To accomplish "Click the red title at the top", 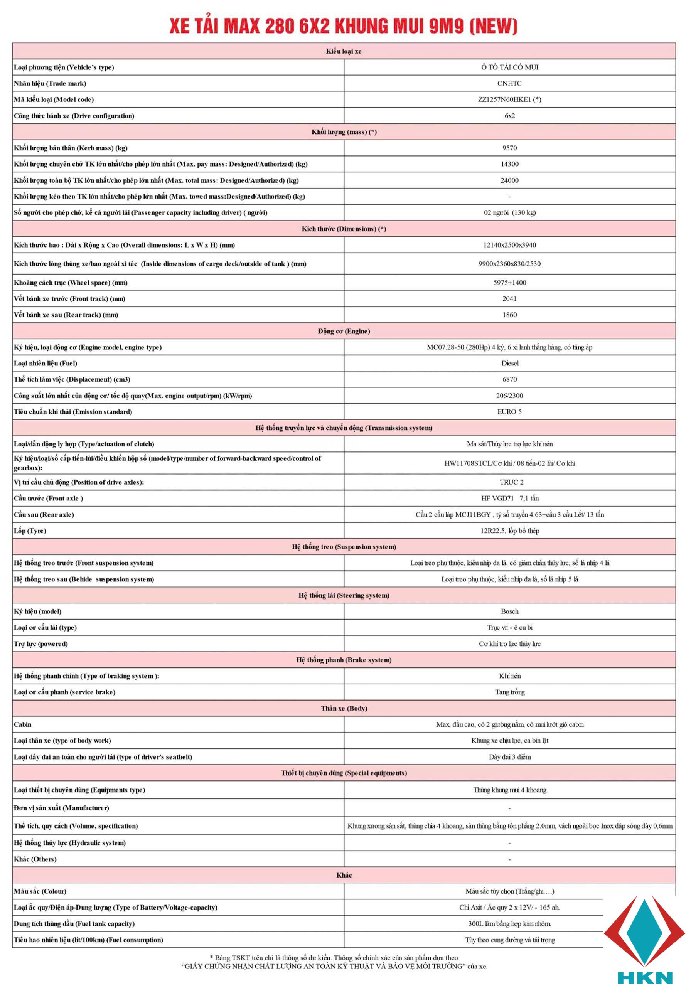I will point(343,26).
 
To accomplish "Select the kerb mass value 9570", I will point(509,148).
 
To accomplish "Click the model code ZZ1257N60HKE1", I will point(509,99).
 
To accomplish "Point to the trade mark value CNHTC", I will point(509,83).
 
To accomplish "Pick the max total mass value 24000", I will point(509,180).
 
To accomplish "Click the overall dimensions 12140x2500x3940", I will point(509,245).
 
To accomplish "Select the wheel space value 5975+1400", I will point(509,283).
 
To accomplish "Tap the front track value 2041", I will point(509,299).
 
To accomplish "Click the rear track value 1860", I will point(509,315).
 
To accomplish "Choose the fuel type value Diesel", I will point(510,364).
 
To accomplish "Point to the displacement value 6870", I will point(509,379).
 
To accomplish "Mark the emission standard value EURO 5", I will point(509,412).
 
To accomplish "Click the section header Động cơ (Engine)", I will point(344,331).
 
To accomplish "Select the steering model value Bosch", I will point(509,611).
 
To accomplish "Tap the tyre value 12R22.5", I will point(509,531).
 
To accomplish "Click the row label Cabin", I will point(23,724).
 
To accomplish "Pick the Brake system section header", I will point(344,660).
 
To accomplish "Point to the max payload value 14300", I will point(509,164).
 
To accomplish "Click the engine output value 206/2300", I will point(509,396).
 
